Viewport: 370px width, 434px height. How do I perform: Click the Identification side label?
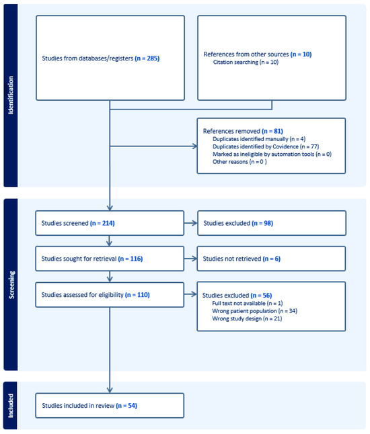(11, 95)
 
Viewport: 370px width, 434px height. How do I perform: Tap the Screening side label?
(11, 285)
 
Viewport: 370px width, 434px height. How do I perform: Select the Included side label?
(11, 406)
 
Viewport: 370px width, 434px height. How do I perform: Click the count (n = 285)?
(147, 58)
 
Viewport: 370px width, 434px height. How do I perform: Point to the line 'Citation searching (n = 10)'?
(246, 62)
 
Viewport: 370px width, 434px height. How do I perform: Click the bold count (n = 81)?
(272, 131)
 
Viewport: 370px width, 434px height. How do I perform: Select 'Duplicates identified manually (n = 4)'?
(259, 139)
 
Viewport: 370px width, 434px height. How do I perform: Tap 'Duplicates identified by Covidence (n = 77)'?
(266, 146)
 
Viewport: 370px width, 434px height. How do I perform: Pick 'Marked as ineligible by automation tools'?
(264, 154)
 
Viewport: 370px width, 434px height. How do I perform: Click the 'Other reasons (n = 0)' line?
(239, 162)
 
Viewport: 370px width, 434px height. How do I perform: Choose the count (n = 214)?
(102, 223)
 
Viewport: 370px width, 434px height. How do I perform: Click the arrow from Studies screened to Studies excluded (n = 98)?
(190, 223)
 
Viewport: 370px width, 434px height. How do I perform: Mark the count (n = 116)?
(131, 259)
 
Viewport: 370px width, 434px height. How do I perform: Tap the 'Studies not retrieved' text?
(232, 259)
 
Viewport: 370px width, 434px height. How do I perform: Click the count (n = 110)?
(137, 295)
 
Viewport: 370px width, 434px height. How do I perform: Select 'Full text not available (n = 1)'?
(248, 304)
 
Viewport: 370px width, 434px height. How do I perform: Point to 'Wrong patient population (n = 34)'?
(255, 311)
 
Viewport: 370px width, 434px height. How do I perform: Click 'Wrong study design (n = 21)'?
(247, 318)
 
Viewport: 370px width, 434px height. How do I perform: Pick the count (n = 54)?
(126, 406)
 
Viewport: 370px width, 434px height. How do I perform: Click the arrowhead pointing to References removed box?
(195, 146)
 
